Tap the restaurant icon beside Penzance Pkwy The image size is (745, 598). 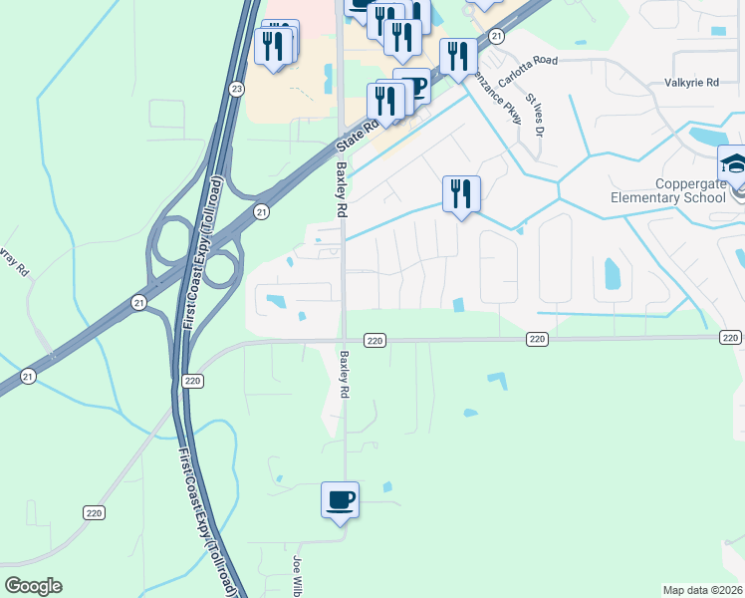click(461, 193)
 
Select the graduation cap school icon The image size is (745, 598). click(733, 163)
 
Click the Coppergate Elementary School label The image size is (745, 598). click(690, 190)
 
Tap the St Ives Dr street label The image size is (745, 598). click(536, 115)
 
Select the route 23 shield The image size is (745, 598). click(236, 89)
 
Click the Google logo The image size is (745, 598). click(33, 585)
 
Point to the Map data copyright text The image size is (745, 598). click(702, 590)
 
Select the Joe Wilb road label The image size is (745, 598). click(297, 577)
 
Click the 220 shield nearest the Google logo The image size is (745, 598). click(94, 512)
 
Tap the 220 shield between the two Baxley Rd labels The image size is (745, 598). click(373, 340)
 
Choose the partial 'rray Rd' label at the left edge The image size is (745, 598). click(12, 264)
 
